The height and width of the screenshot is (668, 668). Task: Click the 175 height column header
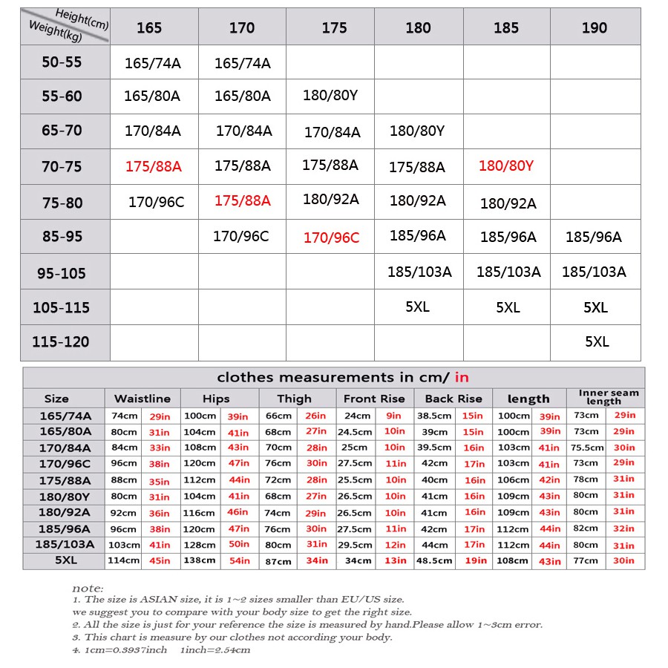click(334, 27)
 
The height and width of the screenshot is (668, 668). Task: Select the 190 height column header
click(595, 27)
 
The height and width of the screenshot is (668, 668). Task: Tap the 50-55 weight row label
click(62, 62)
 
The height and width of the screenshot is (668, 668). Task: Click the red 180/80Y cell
click(506, 166)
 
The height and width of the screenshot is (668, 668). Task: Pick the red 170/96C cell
click(331, 238)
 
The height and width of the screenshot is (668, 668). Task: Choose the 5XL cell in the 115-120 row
click(597, 342)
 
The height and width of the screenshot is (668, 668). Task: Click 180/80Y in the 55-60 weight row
click(330, 96)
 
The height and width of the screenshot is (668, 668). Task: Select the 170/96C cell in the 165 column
click(156, 202)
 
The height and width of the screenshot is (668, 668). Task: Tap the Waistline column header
click(143, 399)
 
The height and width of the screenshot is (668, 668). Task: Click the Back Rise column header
click(453, 399)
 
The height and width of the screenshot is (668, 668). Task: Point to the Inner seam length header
click(609, 397)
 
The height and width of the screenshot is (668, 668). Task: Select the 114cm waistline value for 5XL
click(125, 561)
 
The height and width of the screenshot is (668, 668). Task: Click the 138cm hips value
click(200, 561)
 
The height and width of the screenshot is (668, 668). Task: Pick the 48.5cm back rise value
click(434, 561)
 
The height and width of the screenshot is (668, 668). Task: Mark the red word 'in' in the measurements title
click(462, 377)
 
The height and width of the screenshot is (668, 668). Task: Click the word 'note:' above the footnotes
click(88, 588)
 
